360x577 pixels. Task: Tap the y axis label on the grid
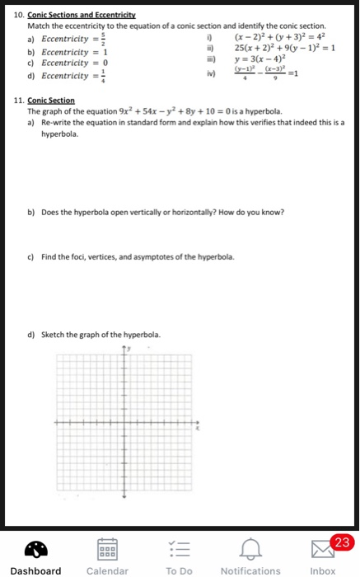point(128,349)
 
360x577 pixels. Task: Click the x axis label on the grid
point(198,429)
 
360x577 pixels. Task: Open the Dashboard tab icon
point(35,548)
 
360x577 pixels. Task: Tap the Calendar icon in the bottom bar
point(107,548)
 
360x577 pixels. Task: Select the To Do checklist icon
point(179,548)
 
